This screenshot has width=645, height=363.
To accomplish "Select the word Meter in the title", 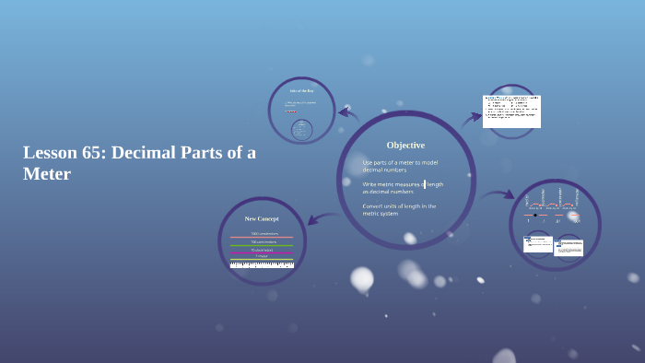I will (47, 173).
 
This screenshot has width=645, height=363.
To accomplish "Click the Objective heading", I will (405, 146).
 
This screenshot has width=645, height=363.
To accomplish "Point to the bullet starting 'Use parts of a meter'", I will (400, 166).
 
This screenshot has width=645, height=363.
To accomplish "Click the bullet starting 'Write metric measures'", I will (403, 188).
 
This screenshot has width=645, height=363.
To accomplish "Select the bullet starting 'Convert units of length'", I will (399, 210).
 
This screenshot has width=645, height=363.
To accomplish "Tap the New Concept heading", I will (262, 219).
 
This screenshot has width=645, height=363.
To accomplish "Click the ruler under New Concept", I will (262, 264).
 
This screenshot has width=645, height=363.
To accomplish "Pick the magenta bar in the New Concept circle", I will (262, 254).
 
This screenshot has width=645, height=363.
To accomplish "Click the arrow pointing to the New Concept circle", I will (315, 219).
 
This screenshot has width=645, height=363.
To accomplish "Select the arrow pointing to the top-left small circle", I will (347, 113).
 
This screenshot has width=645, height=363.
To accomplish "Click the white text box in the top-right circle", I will (511, 111).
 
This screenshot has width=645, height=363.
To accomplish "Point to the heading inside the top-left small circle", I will (301, 91).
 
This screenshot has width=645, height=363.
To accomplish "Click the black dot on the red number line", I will (535, 215).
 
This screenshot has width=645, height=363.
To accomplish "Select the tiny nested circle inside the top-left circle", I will (301, 128).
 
